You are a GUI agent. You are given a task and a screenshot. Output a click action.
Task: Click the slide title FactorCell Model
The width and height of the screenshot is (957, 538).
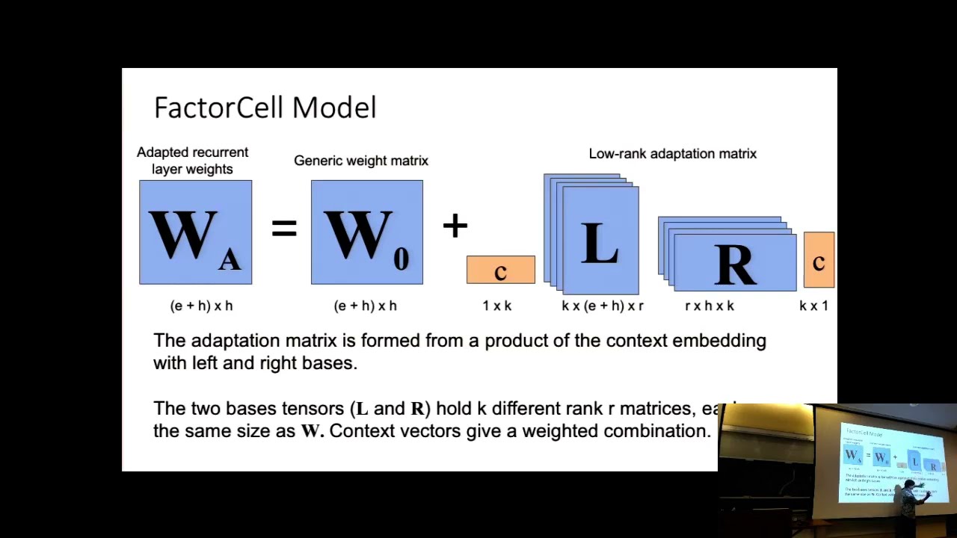(x=265, y=108)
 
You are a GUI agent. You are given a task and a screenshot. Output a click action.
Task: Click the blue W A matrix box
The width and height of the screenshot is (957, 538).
(x=195, y=232)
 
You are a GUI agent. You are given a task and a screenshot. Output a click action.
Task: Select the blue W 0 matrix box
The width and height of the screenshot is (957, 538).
(x=366, y=232)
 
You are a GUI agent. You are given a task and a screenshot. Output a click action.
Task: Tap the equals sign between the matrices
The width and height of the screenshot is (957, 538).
(x=284, y=227)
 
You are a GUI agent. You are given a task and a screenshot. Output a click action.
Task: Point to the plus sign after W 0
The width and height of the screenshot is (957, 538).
(x=455, y=225)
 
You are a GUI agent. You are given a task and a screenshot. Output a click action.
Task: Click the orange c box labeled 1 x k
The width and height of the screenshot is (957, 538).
(x=500, y=270)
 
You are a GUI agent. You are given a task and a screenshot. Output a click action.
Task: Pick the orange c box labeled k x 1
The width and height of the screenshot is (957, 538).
(x=819, y=260)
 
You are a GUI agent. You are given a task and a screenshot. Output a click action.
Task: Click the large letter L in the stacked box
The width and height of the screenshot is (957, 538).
(x=600, y=244)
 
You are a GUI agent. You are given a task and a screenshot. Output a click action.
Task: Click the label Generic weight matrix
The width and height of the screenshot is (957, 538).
(x=360, y=161)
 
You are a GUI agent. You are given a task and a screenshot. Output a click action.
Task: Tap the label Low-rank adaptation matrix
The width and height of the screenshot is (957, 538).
(x=672, y=154)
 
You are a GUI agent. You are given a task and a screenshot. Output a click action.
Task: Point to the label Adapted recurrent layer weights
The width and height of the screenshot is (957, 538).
(x=192, y=161)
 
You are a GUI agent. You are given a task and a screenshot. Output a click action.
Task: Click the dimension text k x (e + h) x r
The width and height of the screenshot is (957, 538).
(x=602, y=306)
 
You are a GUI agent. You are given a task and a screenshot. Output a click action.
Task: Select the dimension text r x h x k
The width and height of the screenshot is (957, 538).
(x=709, y=306)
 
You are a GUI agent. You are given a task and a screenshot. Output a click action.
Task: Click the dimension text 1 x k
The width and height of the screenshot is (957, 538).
(x=496, y=306)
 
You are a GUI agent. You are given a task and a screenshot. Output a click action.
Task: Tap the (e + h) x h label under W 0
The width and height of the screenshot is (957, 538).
(x=365, y=306)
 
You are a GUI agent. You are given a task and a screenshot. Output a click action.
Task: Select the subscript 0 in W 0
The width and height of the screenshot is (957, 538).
(x=401, y=259)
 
